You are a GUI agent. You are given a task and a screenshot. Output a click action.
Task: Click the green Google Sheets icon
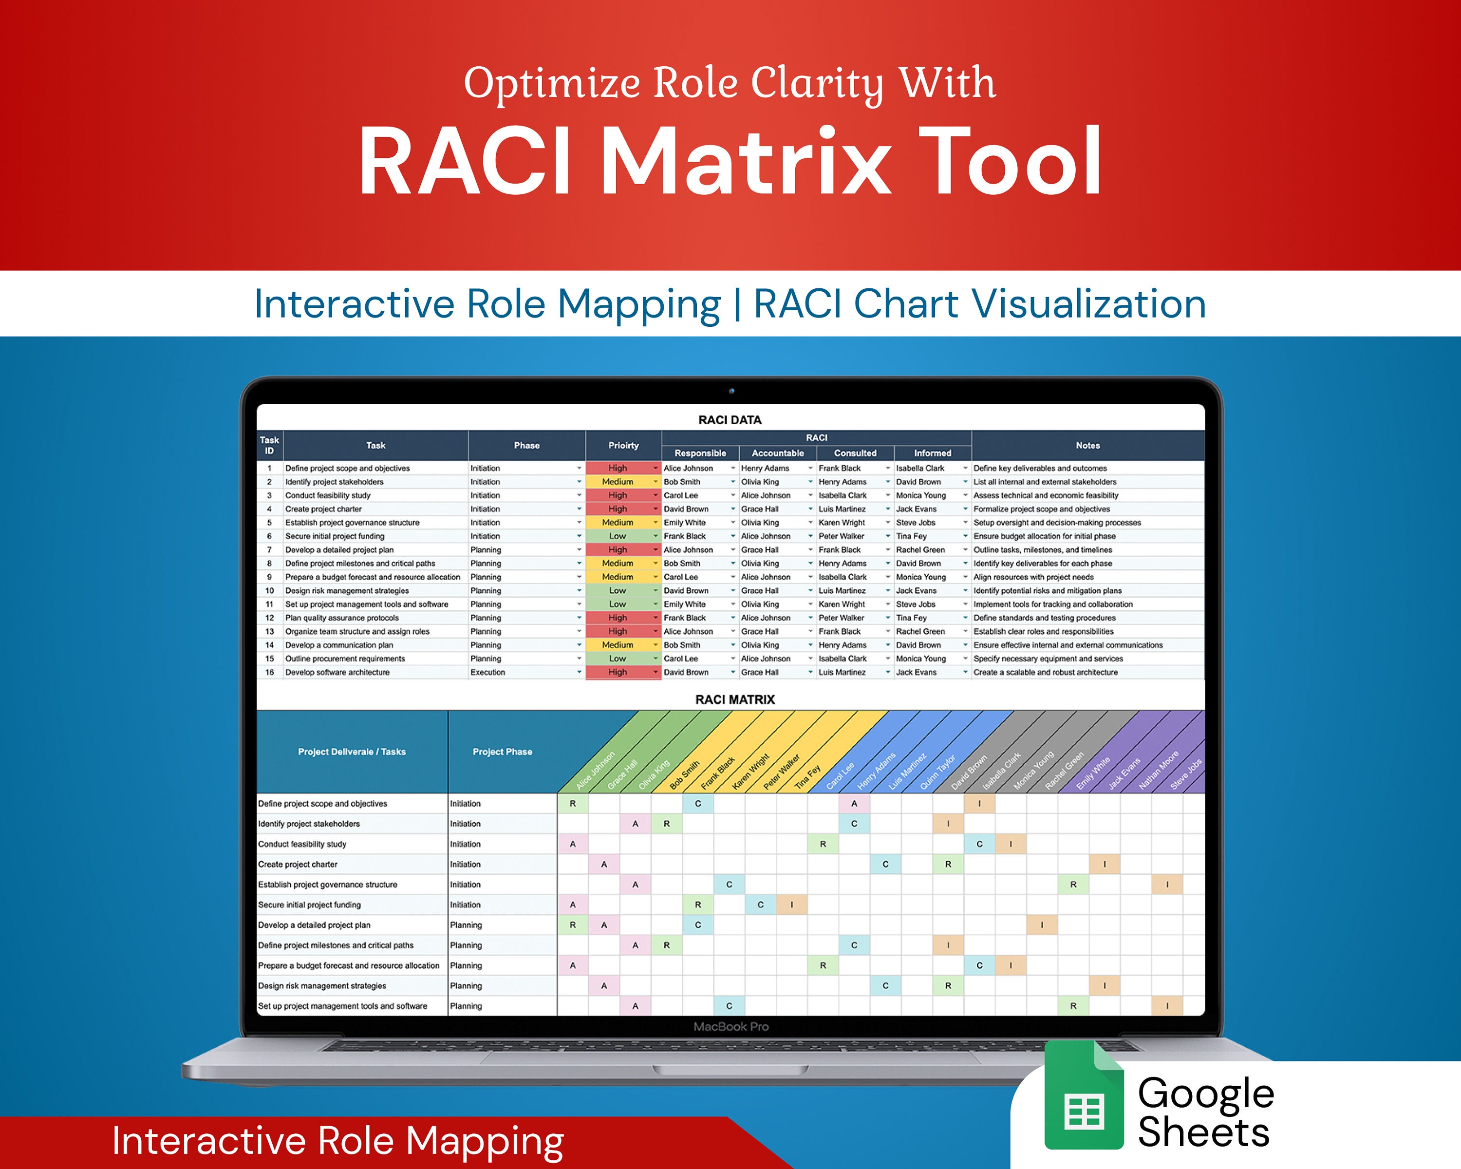pyautogui.click(x=1084, y=1096)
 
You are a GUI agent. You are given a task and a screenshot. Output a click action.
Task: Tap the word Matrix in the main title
pyautogui.click(x=746, y=163)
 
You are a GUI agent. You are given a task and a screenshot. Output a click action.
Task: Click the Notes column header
pyautogui.click(x=1087, y=445)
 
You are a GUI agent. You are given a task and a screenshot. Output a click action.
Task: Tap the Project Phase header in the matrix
pyautogui.click(x=502, y=752)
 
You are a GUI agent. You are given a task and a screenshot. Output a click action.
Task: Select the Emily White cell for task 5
pyautogui.click(x=684, y=523)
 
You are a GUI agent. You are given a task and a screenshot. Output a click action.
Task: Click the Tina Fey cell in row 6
pyautogui.click(x=911, y=536)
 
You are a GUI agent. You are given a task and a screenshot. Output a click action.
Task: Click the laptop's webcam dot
pyautogui.click(x=731, y=391)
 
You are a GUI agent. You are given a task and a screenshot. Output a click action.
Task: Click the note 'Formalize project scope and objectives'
pyautogui.click(x=1042, y=509)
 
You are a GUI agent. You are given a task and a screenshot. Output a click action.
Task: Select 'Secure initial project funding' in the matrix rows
pyautogui.click(x=310, y=905)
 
